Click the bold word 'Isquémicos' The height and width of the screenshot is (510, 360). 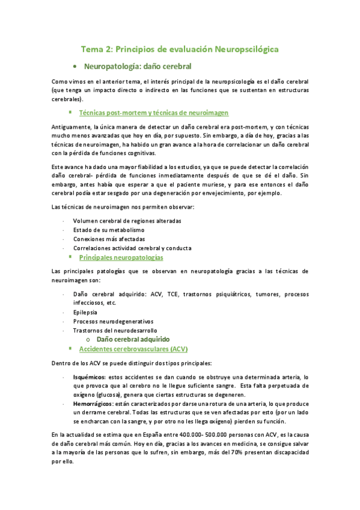tap(88, 376)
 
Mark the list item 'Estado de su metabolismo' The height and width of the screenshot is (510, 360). tap(109, 230)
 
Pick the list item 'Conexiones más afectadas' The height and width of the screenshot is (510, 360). tap(109, 239)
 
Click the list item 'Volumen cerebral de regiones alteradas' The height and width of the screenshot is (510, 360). tap(127, 221)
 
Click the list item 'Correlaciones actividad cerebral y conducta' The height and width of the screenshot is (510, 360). tap(132, 248)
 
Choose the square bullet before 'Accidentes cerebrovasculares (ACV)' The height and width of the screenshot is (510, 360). tap(70, 349)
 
